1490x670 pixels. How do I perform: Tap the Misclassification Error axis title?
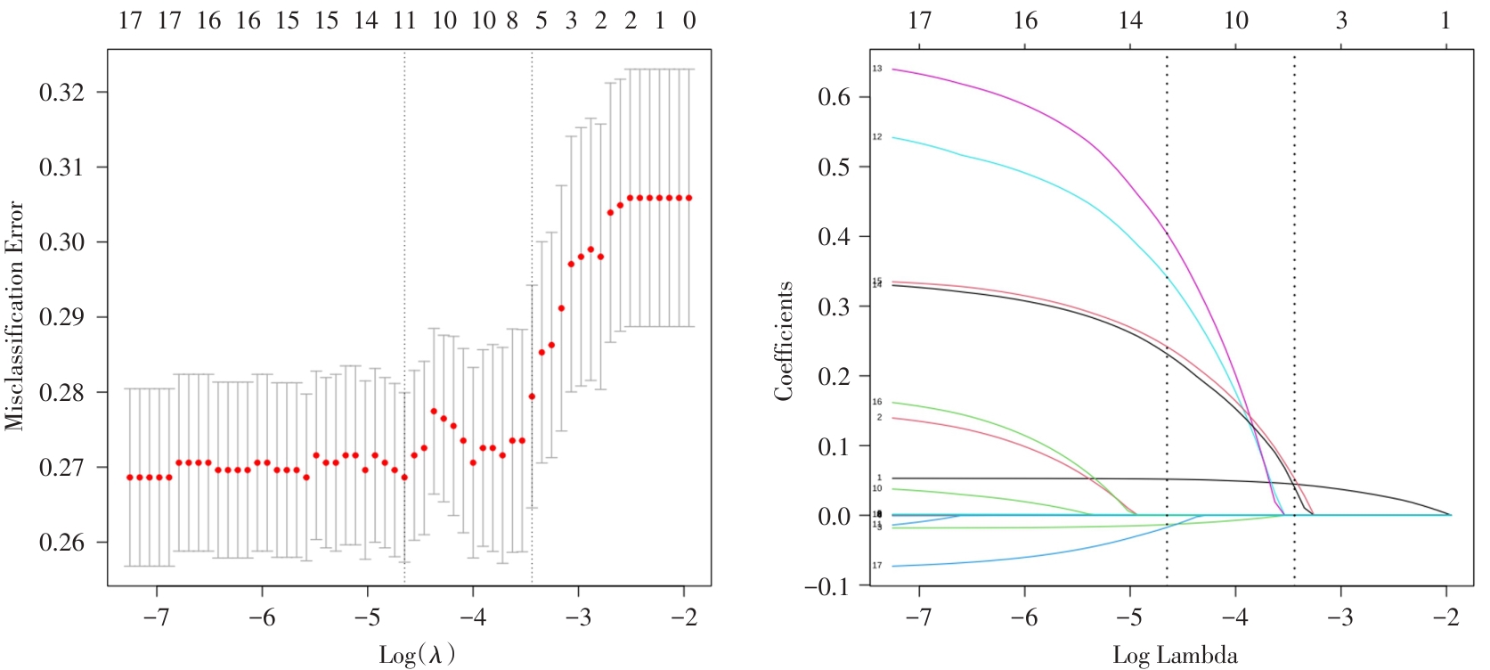click(14, 315)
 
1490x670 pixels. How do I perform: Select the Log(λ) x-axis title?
click(417, 655)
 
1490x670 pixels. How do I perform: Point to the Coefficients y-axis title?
click(784, 341)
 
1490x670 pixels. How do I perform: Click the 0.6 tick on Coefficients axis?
click(835, 97)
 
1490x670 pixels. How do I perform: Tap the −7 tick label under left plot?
click(157, 617)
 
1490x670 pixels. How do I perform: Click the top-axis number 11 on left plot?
click(404, 20)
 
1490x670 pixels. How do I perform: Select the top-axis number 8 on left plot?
click(512, 20)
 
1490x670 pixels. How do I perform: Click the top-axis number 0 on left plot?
click(689, 20)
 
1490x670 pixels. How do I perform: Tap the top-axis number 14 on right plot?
click(1130, 20)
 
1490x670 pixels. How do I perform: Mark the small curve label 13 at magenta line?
click(877, 69)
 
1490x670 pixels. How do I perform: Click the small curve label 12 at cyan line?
click(877, 137)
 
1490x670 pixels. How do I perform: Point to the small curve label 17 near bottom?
click(877, 566)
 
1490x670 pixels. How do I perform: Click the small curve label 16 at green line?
click(877, 402)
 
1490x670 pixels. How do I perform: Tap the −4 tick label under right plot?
click(1235, 617)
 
